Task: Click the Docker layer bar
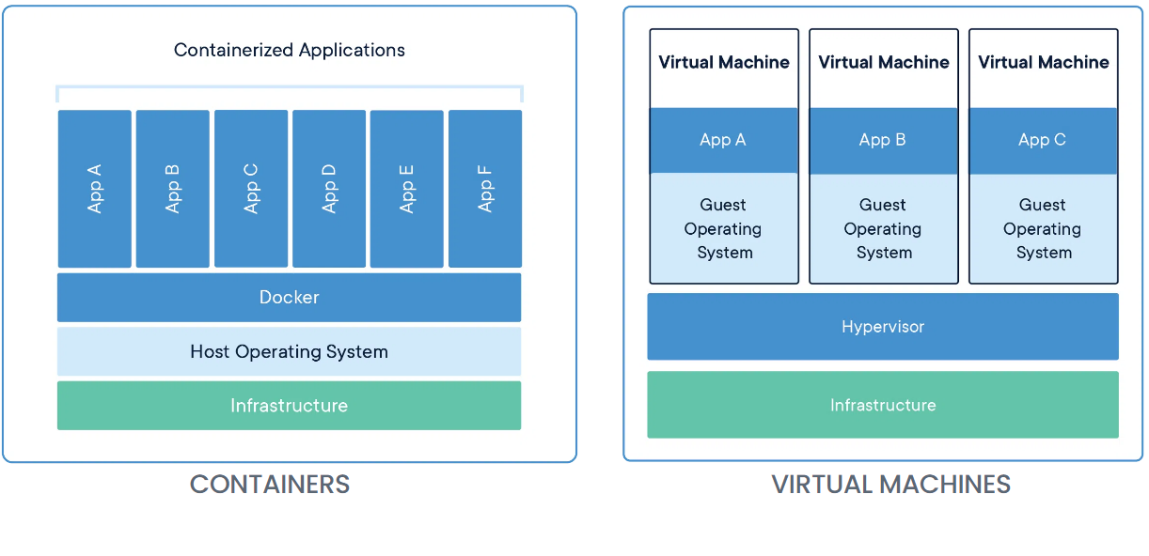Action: coord(290,297)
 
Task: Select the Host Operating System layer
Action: coord(290,351)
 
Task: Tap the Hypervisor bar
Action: coord(883,327)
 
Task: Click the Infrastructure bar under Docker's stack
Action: coord(290,406)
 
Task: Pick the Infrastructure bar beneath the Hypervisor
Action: coord(883,405)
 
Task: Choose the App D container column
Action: coord(329,189)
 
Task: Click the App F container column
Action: coord(485,189)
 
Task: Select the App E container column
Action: coord(407,189)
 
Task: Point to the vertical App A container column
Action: coord(95,189)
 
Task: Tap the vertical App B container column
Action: coord(173,189)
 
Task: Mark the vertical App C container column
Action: coord(251,189)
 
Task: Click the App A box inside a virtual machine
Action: coord(724,141)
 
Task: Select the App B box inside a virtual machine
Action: coord(883,141)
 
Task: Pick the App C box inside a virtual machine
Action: coord(1043,141)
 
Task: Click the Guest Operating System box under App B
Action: coord(883,228)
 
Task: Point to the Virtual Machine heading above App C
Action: coord(1044,63)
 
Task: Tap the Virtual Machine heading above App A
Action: coord(724,63)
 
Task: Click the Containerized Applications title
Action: coord(290,50)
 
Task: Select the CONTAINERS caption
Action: coord(270,485)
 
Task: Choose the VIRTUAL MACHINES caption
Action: coord(891,485)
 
